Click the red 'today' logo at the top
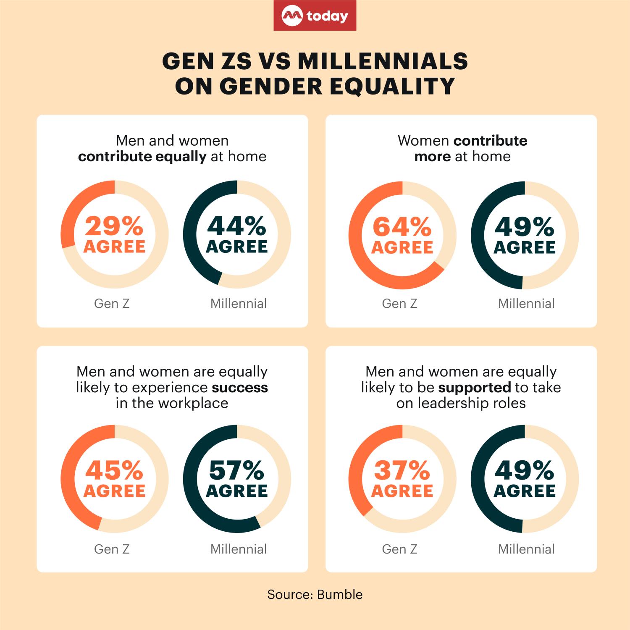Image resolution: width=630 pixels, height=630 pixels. click(315, 16)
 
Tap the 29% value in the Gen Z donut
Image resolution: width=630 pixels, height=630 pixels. click(114, 227)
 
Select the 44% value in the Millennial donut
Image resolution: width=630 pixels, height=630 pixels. click(237, 227)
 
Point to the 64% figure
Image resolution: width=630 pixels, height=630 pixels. click(402, 228)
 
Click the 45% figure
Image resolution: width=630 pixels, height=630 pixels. click(114, 471)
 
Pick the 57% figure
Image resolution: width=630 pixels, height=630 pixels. click(237, 471)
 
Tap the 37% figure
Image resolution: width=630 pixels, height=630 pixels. click(402, 471)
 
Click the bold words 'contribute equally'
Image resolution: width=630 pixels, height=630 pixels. click(142, 156)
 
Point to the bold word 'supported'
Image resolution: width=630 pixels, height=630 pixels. click(474, 387)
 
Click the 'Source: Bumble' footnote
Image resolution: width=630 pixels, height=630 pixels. click(315, 594)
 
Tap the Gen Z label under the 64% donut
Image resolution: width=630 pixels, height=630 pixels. click(399, 303)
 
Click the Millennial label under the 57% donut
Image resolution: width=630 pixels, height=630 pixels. click(239, 549)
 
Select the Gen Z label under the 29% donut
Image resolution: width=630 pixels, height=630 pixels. click(112, 303)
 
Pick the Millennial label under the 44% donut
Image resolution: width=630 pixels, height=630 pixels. click(239, 303)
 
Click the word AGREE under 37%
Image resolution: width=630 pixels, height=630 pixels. click(402, 491)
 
